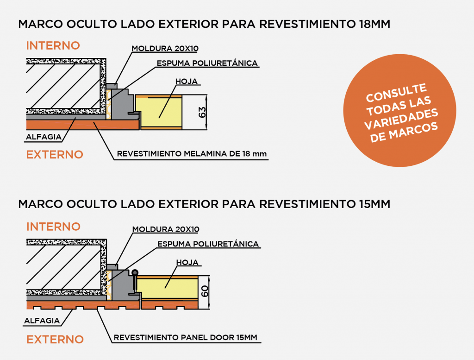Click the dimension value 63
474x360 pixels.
(202, 112)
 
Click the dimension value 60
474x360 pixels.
(205, 291)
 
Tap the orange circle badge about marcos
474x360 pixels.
(399, 110)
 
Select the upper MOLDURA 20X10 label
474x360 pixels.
(165, 48)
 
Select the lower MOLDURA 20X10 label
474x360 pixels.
(166, 229)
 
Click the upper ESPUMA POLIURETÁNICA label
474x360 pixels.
(207, 63)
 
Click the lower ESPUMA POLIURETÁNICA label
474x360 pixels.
(208, 244)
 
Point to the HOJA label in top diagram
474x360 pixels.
(187, 82)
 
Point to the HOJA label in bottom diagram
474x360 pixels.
(187, 262)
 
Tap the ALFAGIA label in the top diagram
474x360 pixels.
(44, 137)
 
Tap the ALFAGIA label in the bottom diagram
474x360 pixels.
(42, 321)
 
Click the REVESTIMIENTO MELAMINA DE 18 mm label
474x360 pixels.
(192, 154)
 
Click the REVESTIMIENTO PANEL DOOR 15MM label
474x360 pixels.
(185, 337)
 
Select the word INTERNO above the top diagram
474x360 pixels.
(53, 46)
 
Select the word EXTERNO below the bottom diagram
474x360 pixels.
(55, 340)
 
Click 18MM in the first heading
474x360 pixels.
(374, 24)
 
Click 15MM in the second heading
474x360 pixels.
(374, 204)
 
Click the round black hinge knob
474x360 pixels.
(135, 273)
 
